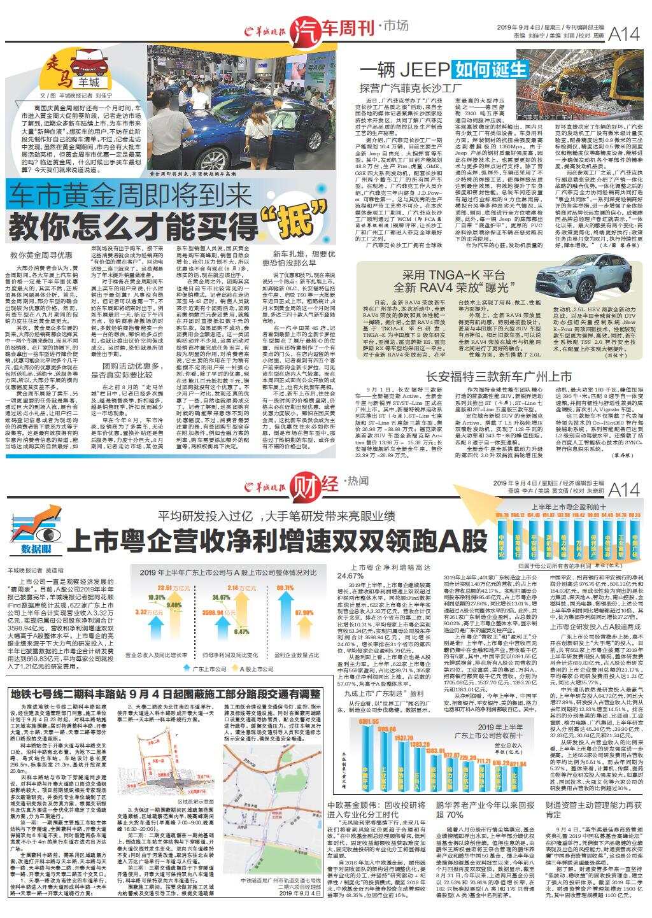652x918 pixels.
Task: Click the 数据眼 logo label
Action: tap(36, 547)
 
